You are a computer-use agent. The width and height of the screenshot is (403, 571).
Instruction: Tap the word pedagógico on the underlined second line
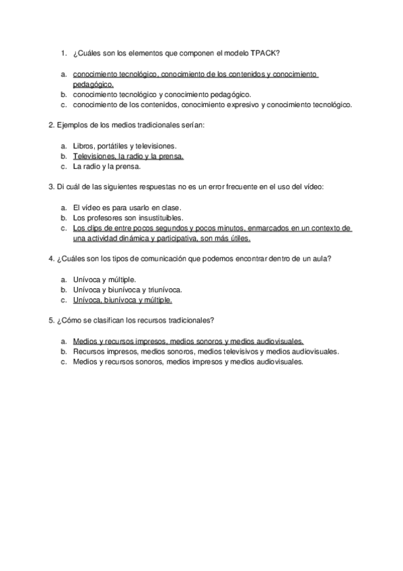tap(93, 85)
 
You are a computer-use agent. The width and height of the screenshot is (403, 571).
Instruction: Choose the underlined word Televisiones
tap(94, 156)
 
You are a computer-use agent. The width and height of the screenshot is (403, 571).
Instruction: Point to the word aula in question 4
tap(320, 259)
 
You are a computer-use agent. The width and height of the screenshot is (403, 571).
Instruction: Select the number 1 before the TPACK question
tap(62, 53)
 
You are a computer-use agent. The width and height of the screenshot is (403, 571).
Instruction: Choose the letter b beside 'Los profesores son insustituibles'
tap(63, 217)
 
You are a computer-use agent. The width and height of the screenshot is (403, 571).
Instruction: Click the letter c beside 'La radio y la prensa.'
tap(63, 166)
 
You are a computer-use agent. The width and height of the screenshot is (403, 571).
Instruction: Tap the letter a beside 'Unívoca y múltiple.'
tap(63, 279)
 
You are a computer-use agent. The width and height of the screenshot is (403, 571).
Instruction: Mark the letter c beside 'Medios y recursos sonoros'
tap(63, 361)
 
